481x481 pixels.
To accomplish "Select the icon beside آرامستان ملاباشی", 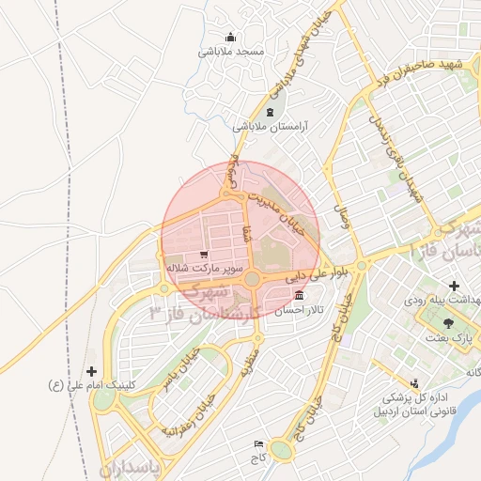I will coord(271,113).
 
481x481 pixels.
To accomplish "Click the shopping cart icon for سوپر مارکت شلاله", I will coord(204,255).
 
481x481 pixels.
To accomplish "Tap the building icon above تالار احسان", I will coord(299,296).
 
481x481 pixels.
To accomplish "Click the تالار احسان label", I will coord(299,309).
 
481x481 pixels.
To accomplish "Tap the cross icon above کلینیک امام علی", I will coord(90,371).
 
